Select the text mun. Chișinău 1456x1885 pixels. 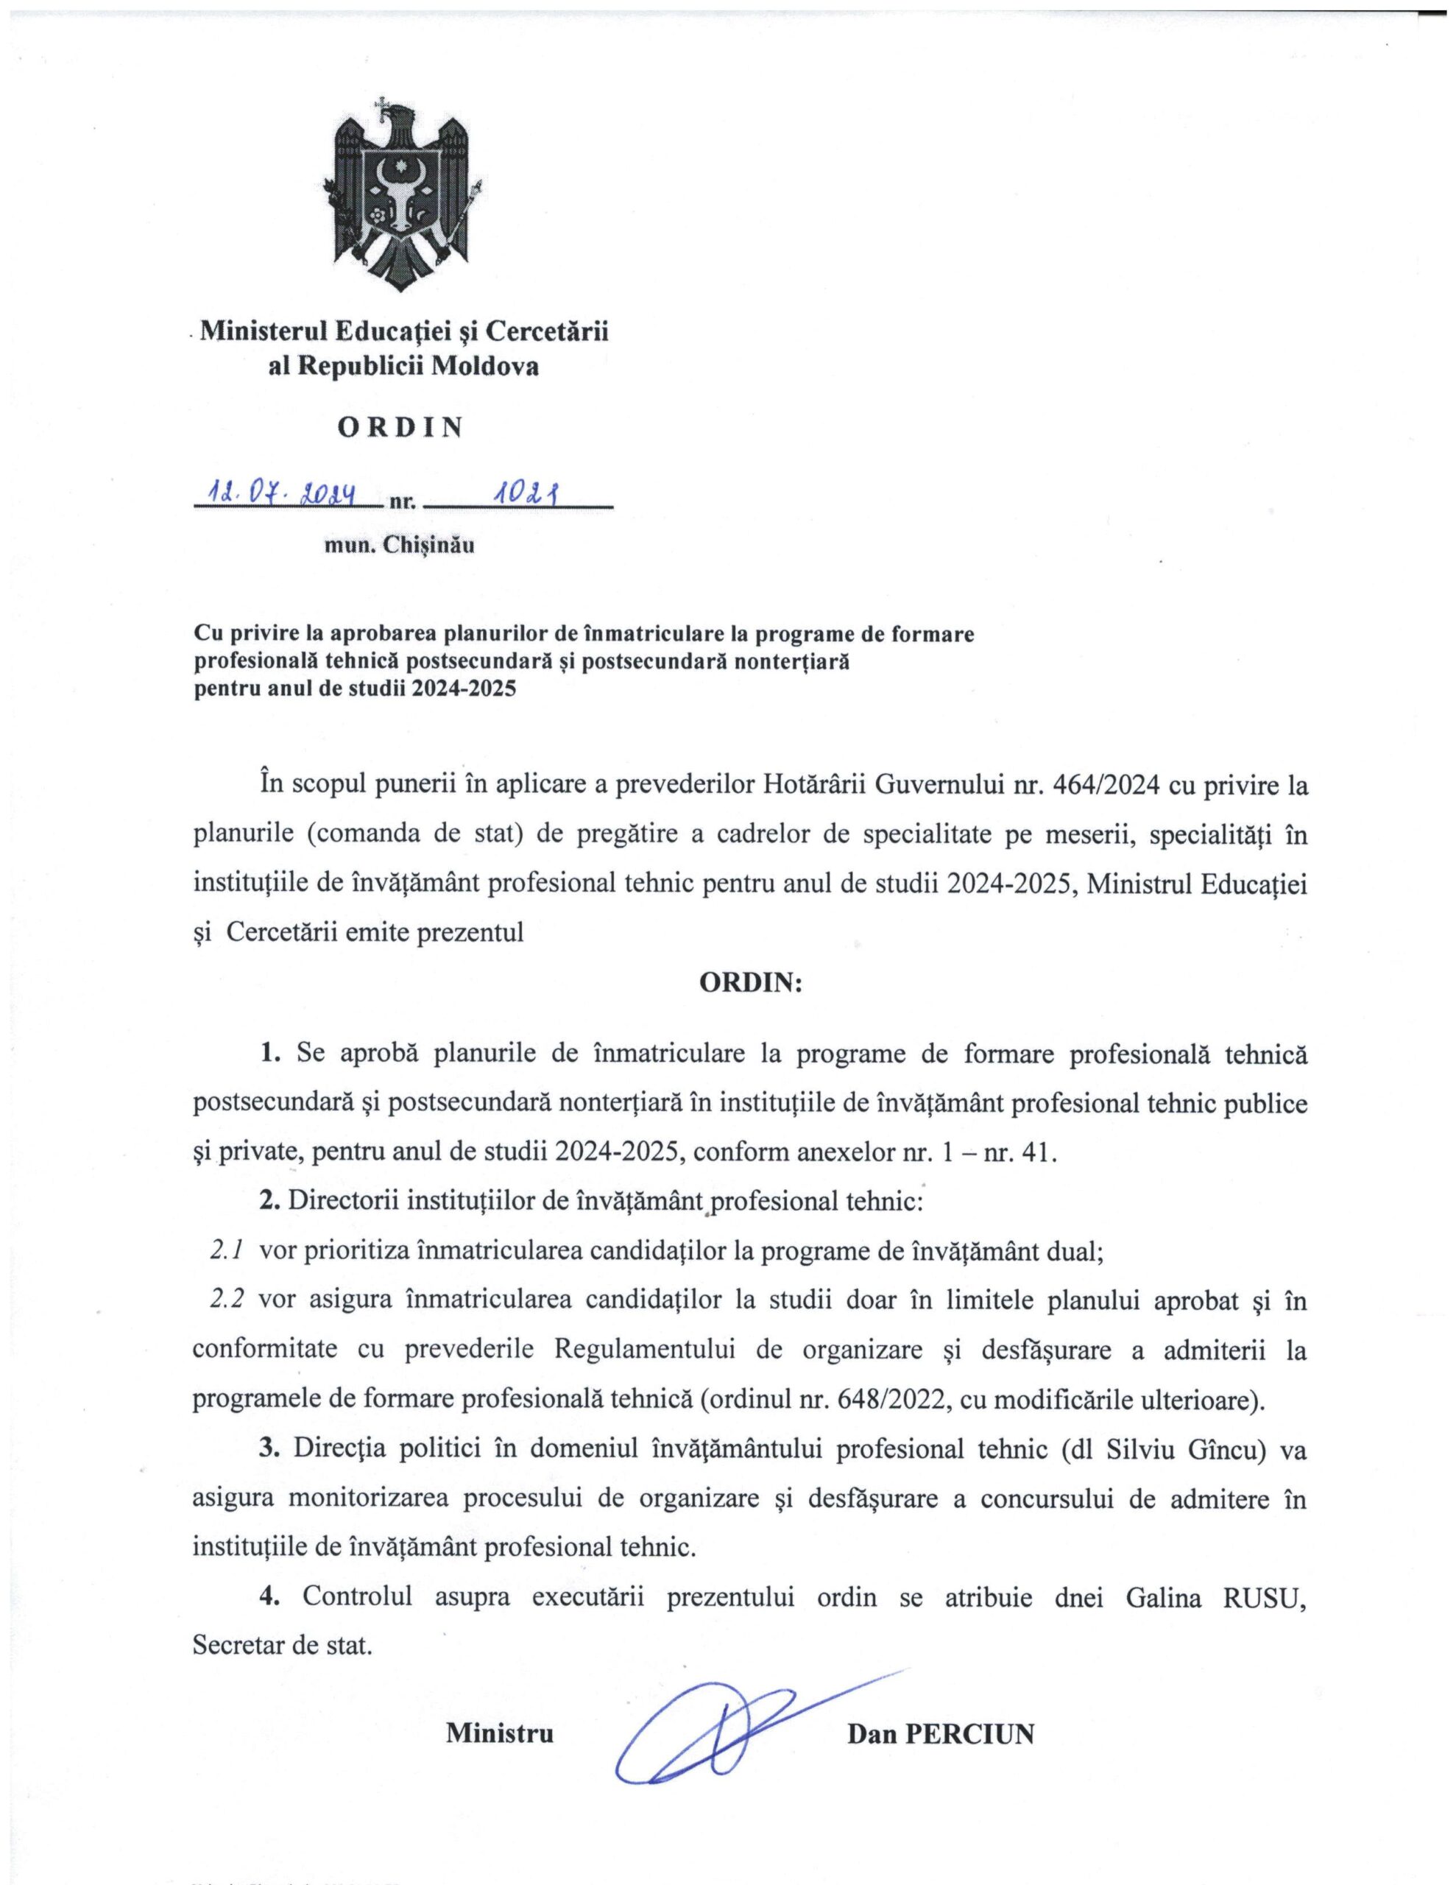pyautogui.click(x=399, y=546)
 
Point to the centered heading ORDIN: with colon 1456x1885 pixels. pyautogui.click(x=750, y=984)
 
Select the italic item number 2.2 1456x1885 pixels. pyautogui.click(x=227, y=1300)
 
